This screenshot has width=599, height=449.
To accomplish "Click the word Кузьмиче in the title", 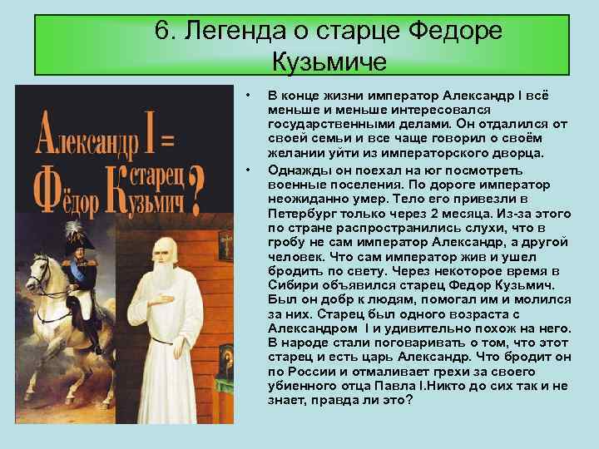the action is coord(329,62).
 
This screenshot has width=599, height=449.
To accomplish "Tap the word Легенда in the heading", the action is coord(235,32).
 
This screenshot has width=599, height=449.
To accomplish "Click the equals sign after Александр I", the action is coord(167,141).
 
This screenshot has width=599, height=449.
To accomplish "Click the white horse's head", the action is coord(37,272).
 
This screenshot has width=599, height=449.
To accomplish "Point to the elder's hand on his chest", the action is coord(160,299).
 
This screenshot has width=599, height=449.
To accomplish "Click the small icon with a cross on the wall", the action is coord(225,245).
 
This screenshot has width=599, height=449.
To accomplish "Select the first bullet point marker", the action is coord(248,95).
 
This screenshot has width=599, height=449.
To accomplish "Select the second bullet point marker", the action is coord(248,170).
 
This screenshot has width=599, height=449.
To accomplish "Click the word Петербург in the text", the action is coord(300,214).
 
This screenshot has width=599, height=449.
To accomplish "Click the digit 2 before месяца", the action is coord(434,214).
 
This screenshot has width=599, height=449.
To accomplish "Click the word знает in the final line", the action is coord(287,401).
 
